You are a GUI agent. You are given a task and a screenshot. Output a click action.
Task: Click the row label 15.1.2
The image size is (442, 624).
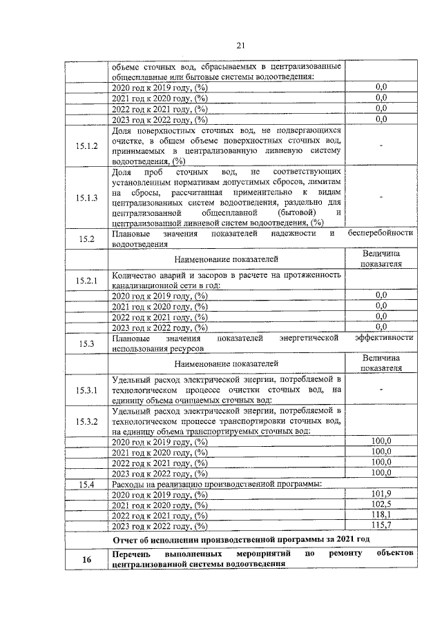(86, 145)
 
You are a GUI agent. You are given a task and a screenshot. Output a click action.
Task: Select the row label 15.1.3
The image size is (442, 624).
(86, 198)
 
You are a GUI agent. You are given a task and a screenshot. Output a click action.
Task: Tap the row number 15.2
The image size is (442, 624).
(86, 239)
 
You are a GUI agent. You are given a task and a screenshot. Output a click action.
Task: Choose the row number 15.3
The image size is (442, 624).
(86, 343)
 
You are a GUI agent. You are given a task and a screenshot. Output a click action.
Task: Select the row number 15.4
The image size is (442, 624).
(86, 483)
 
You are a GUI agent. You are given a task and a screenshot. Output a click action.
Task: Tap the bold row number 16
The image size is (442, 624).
(86, 559)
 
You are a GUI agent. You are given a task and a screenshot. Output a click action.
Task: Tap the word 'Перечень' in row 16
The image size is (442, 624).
(131, 554)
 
